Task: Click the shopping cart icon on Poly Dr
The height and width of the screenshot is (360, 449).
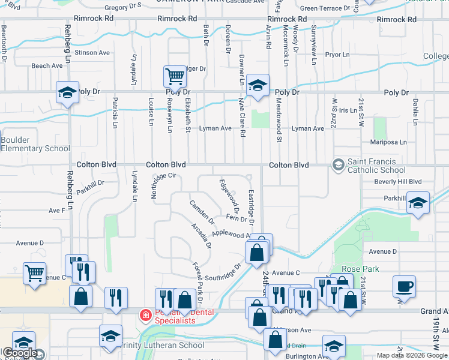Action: coord(175,77)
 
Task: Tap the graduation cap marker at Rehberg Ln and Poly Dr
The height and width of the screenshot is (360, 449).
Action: coord(67,92)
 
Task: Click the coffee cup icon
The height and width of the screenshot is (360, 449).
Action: coord(404,286)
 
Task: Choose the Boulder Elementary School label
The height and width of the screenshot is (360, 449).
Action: coord(35,144)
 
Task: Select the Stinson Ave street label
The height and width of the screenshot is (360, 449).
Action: coord(93,53)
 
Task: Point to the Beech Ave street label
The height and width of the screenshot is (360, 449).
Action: coord(47,65)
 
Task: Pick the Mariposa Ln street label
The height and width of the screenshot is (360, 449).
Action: coord(388,142)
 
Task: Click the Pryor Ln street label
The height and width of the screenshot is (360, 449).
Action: coord(337,55)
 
